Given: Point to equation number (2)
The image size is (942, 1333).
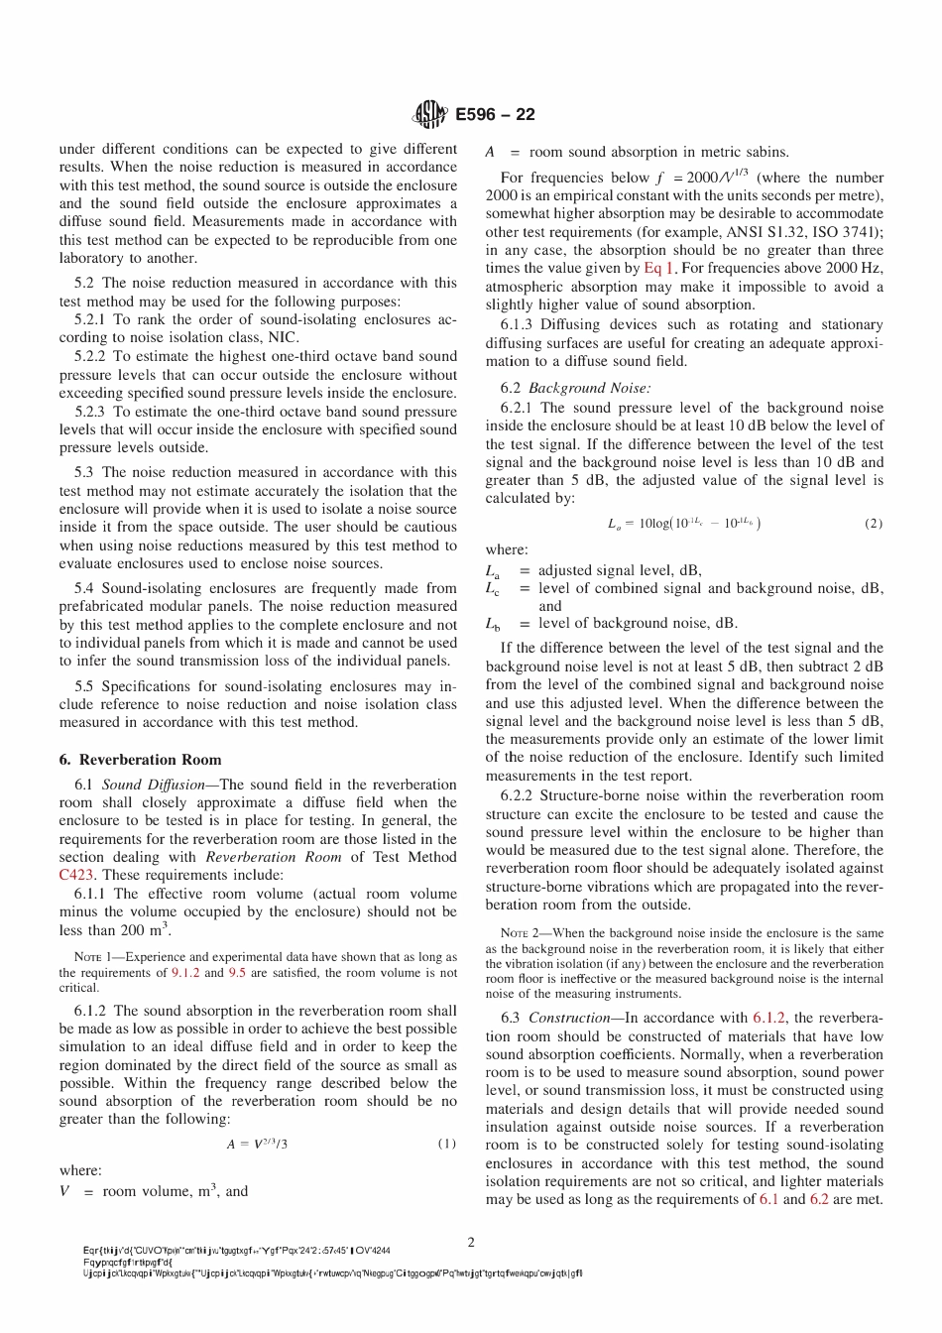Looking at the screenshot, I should pyautogui.click(x=874, y=524).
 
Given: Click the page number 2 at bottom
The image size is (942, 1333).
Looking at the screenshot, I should pyautogui.click(x=471, y=1242).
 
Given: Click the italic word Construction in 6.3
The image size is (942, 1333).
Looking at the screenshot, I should pyautogui.click(x=568, y=1018).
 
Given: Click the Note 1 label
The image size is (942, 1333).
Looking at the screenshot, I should pyautogui.click(x=93, y=958).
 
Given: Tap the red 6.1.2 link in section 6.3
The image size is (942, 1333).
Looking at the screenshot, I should pyautogui.click(x=769, y=1018).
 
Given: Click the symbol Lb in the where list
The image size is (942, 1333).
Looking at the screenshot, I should pyautogui.click(x=493, y=624).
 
